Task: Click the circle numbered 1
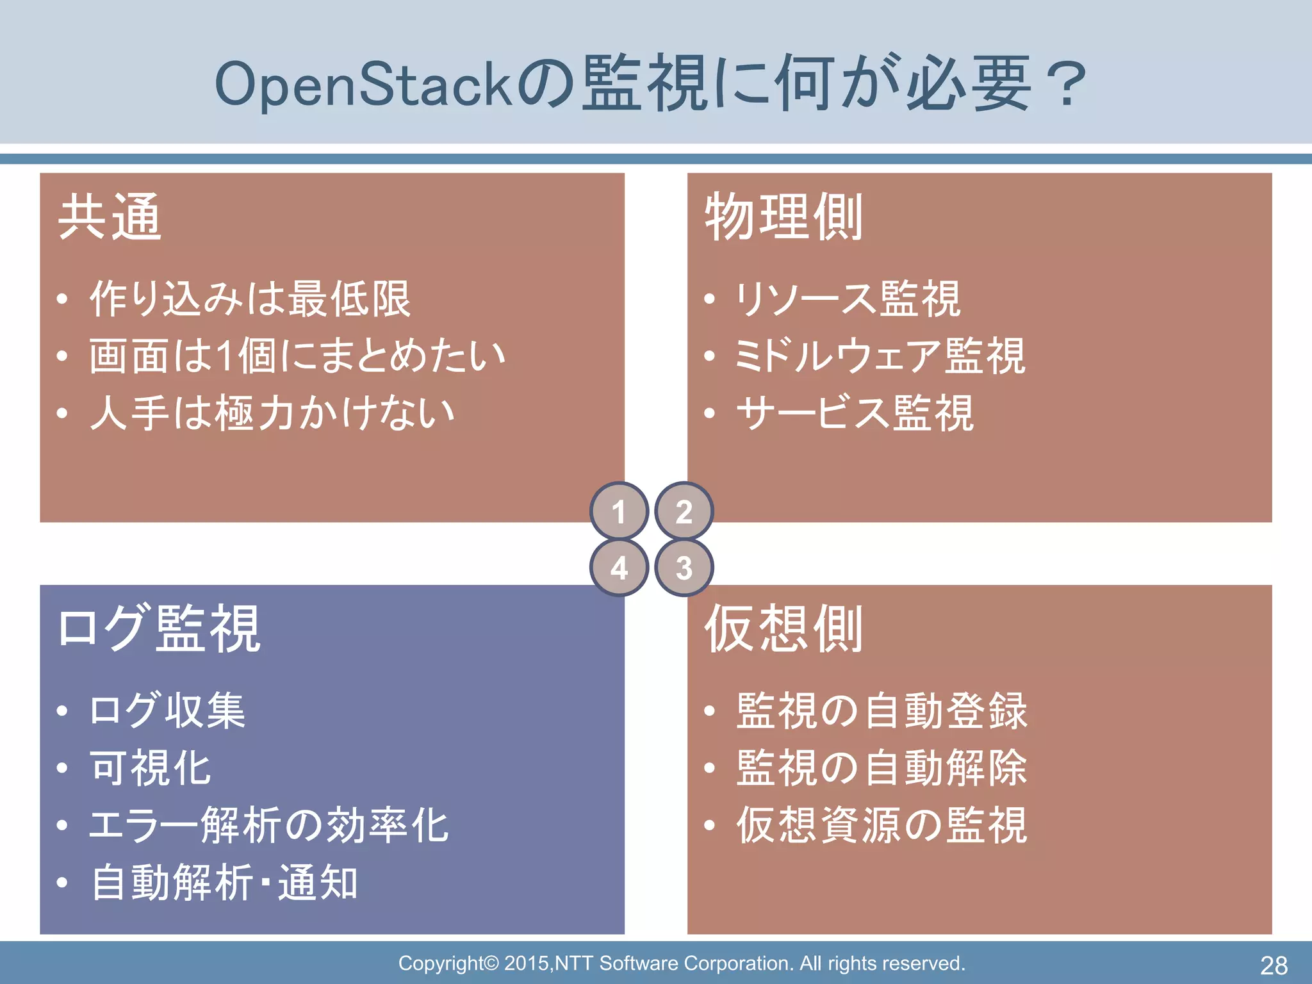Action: (619, 511)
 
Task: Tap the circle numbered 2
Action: (684, 511)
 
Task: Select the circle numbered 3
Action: (684, 568)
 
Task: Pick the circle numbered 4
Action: (619, 568)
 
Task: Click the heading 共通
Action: (110, 218)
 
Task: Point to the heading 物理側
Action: (783, 218)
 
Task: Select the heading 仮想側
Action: (783, 629)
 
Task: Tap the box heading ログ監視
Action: (159, 629)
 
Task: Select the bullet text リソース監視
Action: (848, 299)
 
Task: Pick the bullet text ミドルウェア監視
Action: (880, 356)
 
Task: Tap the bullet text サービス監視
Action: (855, 413)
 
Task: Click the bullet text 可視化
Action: (151, 768)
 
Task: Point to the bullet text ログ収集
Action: (167, 710)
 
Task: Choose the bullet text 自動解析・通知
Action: (224, 883)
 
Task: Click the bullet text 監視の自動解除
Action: (881, 768)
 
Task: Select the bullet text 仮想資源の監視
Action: (881, 825)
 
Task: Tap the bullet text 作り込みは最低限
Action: (250, 299)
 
